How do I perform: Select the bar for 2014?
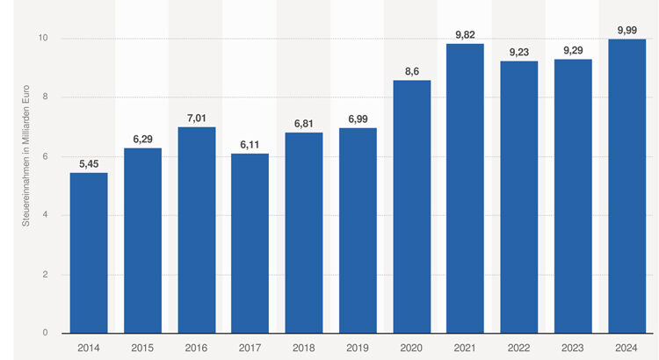coord(89,253)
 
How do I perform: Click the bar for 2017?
coord(250,243)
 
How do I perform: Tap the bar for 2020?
coord(412,206)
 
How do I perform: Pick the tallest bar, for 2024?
coord(626,186)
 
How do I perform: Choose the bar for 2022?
coord(519,198)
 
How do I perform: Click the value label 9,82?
coord(466,34)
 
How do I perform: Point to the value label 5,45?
coord(89,163)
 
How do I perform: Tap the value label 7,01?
coord(197,118)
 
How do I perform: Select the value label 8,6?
coord(412,71)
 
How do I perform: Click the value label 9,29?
coord(573,50)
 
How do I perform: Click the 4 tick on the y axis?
coord(44,216)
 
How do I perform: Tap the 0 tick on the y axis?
coord(44,334)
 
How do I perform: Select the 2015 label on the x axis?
coord(142,347)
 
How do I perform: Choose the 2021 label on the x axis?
coord(466,347)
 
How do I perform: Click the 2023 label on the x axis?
coord(573,347)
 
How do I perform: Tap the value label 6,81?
coord(304,124)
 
